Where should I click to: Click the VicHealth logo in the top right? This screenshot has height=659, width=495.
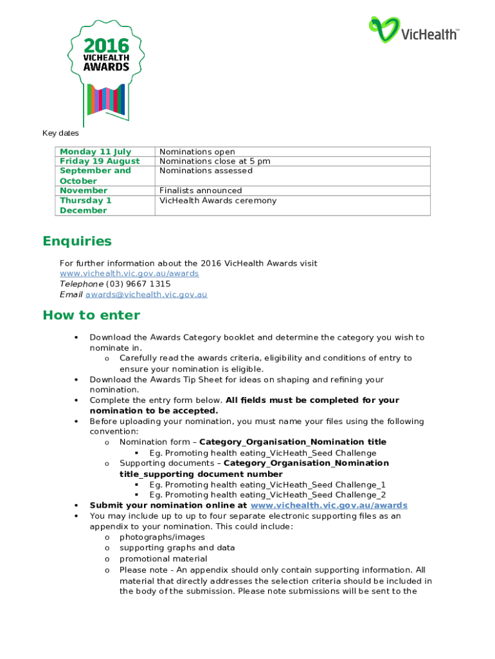[x=413, y=31]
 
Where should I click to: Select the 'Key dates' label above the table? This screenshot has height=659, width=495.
[x=60, y=134]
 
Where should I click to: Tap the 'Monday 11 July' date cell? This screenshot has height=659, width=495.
[x=95, y=152]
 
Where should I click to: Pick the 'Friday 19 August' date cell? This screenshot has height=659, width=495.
[x=100, y=161]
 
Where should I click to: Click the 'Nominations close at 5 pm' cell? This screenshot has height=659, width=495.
[x=215, y=161]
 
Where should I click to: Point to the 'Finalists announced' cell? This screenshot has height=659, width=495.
[x=201, y=190]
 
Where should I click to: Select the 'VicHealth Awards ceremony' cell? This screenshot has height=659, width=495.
[x=218, y=200]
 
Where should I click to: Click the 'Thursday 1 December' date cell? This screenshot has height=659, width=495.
[x=85, y=205]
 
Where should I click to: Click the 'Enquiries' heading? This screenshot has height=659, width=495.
[x=77, y=241]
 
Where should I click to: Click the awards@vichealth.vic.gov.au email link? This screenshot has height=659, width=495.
[x=146, y=295]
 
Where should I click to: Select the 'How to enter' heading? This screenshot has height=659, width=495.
[x=91, y=315]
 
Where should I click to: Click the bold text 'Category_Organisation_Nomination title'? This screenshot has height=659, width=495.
[x=293, y=442]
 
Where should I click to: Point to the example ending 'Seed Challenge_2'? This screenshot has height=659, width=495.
[x=267, y=495]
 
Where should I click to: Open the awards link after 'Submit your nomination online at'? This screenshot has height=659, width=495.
[x=328, y=505]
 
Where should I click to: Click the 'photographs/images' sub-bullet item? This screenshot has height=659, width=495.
[x=162, y=537]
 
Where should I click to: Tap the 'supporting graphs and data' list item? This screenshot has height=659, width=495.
[x=177, y=548]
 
